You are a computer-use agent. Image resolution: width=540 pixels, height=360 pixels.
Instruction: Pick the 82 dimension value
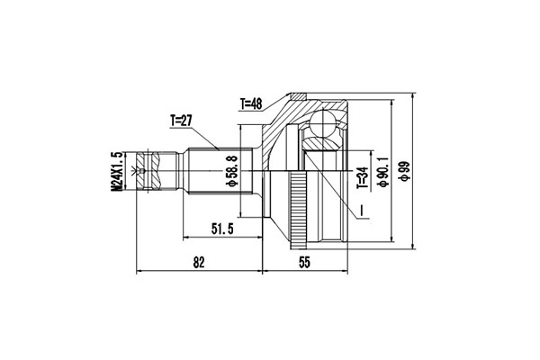click(200, 262)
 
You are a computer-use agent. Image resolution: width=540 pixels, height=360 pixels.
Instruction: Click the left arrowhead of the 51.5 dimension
click(186, 238)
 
